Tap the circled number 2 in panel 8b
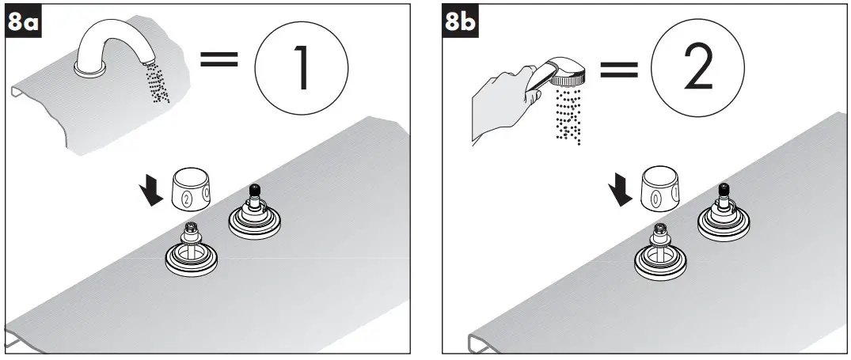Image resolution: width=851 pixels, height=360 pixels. tap(697, 71)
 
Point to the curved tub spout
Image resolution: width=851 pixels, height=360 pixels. tap(120, 44)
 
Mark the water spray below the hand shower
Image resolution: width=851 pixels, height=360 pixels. tap(568, 115)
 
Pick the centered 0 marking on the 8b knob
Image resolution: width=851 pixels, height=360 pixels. tap(655, 198)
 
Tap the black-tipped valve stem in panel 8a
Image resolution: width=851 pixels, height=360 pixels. tap(255, 192)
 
